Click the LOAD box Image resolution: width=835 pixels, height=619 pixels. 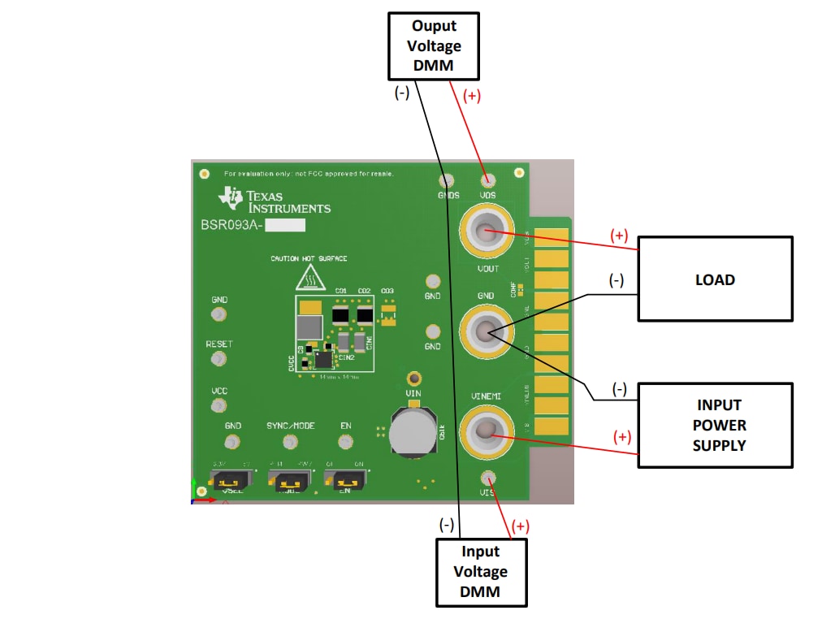pos(714,279)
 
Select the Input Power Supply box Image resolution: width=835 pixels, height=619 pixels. pos(714,425)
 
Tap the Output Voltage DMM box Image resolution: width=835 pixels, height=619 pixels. pos(434,45)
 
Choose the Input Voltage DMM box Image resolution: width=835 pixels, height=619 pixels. pos(481,572)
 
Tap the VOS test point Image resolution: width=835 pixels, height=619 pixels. pos(487,180)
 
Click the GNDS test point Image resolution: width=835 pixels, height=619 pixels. pos(447,180)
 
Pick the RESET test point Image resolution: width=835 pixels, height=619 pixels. pos(218,359)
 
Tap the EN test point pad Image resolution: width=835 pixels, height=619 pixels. pos(346,441)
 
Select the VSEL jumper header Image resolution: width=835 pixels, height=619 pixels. pos(230,481)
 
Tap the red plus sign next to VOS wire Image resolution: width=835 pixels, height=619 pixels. pos(471,95)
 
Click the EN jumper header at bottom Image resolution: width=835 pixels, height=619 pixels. pos(344,480)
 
